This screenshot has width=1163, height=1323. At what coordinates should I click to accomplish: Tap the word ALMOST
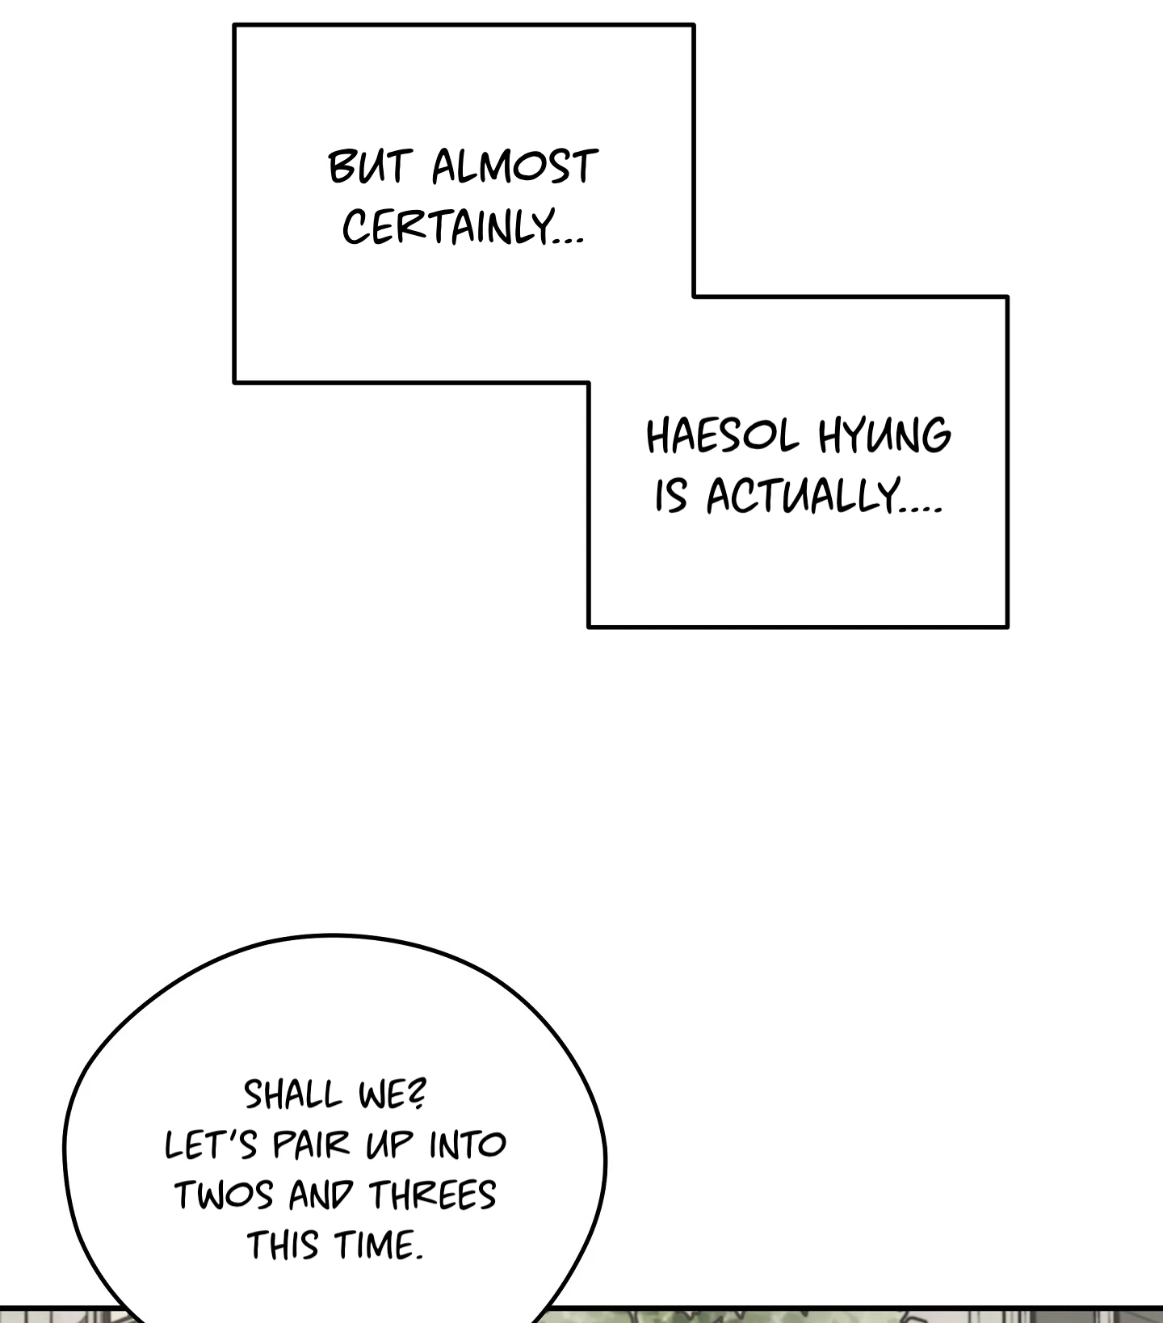514,167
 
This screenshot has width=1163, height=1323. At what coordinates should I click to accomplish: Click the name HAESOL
722,436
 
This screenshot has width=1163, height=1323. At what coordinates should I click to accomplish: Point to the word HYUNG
884,436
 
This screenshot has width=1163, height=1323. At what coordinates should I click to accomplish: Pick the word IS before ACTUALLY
670,495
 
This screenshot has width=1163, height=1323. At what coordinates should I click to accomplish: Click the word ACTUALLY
803,495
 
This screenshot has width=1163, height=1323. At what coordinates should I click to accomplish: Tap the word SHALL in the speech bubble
292,1095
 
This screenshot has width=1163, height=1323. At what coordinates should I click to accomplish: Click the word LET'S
211,1144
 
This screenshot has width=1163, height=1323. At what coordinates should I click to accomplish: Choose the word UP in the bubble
390,1144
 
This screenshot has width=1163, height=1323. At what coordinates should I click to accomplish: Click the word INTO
468,1144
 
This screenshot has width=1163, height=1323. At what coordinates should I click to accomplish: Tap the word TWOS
224,1195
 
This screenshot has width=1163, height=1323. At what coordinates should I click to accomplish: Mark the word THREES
432,1195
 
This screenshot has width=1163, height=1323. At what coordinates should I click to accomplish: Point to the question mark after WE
418,1094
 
